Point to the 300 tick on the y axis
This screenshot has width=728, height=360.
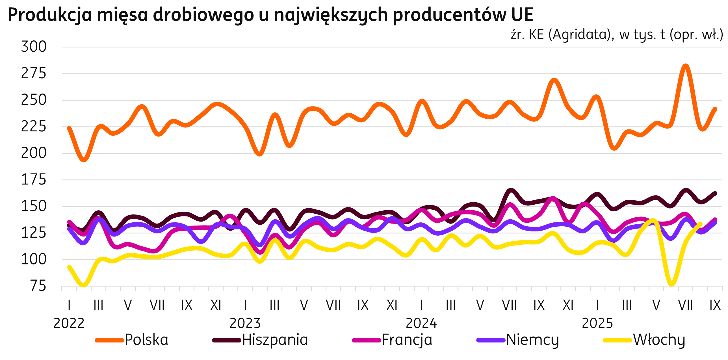tap(34, 47)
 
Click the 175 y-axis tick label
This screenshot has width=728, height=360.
tap(34, 180)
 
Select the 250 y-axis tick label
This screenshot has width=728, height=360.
tap(34, 100)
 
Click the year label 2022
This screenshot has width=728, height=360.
tap(69, 323)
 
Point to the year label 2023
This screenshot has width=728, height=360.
tap(245, 323)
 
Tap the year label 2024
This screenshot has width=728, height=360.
tap(421, 323)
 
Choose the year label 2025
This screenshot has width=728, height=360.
tap(597, 323)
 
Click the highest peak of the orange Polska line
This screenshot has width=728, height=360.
tap(685, 66)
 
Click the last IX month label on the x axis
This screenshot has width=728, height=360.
tap(715, 305)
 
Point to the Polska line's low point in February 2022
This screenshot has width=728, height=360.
tap(84, 160)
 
